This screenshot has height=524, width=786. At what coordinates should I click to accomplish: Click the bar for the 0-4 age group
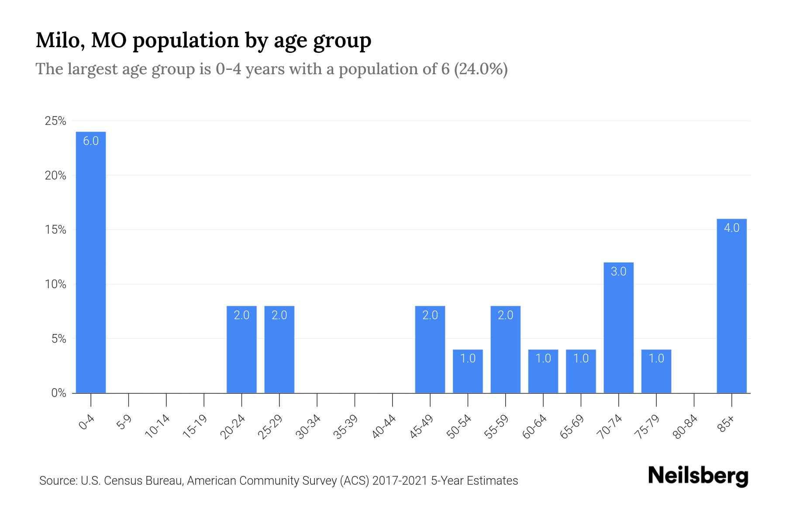[91, 262]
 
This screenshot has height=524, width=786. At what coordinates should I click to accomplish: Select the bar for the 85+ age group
[731, 306]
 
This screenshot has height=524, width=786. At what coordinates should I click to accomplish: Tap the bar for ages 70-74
[618, 327]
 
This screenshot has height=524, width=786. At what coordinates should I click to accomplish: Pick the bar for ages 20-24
[241, 349]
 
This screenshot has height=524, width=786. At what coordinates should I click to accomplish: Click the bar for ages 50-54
[468, 371]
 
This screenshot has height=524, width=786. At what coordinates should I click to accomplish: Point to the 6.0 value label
[91, 141]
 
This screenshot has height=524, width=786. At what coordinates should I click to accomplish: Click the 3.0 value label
[618, 272]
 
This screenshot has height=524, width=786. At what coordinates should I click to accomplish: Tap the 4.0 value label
[731, 228]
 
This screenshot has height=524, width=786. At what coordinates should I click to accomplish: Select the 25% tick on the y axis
[55, 121]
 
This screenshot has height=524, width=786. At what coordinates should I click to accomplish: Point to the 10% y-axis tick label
[55, 284]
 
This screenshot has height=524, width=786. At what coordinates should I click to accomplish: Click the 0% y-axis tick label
[59, 393]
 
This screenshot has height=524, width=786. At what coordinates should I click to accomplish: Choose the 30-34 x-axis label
[308, 427]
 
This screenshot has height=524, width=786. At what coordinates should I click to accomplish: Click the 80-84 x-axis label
[686, 427]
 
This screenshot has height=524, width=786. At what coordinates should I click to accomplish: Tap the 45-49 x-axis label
[421, 427]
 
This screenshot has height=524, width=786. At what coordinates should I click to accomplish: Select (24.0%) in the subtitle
[481, 69]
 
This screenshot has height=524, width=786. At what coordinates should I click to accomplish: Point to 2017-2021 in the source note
[400, 481]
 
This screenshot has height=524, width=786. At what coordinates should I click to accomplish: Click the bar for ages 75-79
[656, 371]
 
